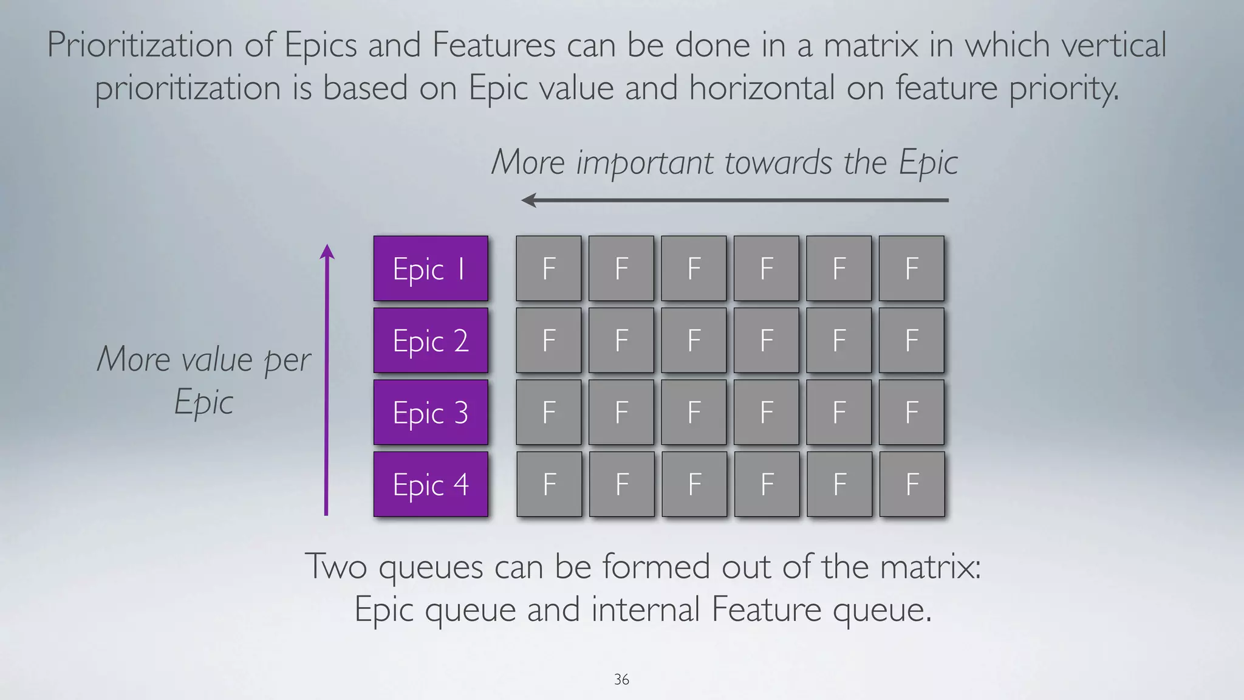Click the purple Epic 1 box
(x=430, y=268)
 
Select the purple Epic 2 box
(x=430, y=340)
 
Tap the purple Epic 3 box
(x=430, y=412)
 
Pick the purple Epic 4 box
(x=430, y=484)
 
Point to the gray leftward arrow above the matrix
(x=735, y=200)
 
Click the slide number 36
(x=621, y=679)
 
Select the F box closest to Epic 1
(x=549, y=268)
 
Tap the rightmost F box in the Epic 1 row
(x=911, y=268)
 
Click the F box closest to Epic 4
(x=549, y=484)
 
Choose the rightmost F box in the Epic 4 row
(x=912, y=484)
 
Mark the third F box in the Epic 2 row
(x=694, y=340)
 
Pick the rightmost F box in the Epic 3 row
(x=911, y=412)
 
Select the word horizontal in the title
(x=762, y=87)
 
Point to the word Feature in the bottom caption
(x=766, y=609)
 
